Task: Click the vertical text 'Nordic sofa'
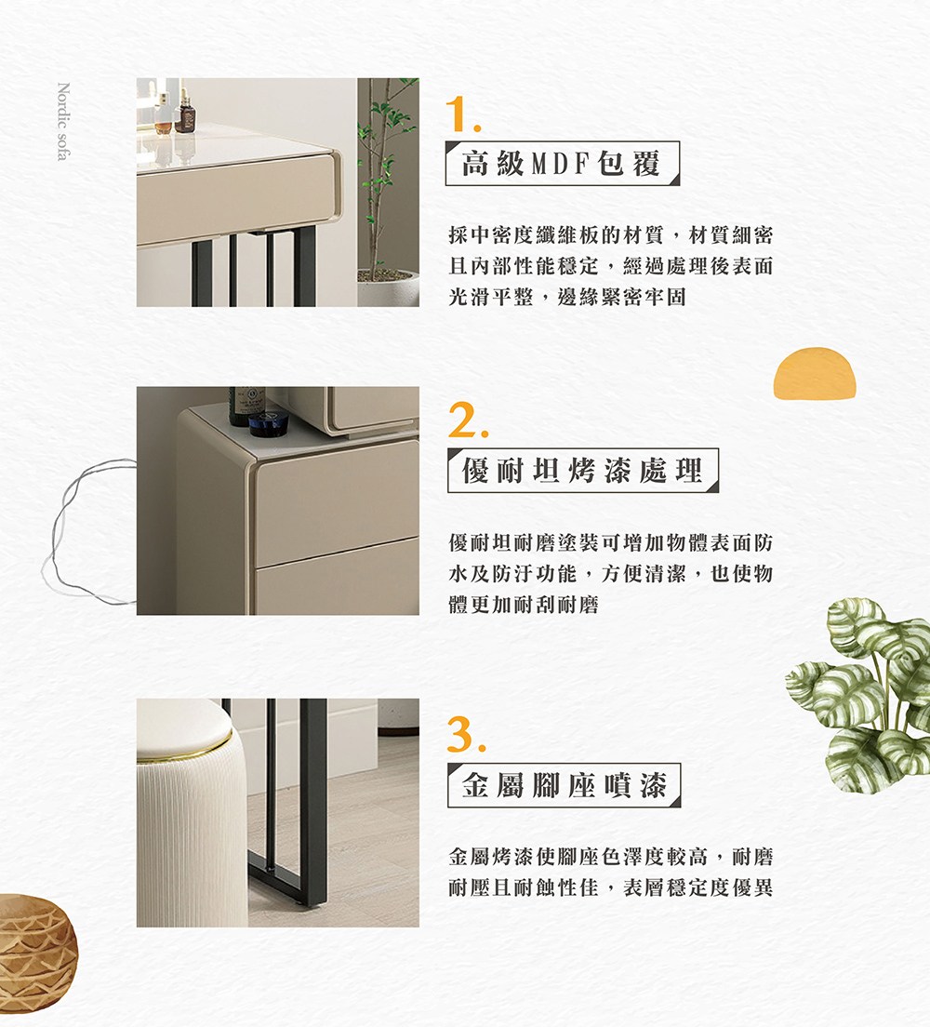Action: pos(63,121)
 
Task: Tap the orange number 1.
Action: pos(462,114)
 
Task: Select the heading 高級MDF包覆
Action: pos(562,163)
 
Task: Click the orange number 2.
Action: pos(468,420)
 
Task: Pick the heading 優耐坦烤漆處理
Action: pos(583,471)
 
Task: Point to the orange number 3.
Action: pos(466,734)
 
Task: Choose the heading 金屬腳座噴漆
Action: pos(564,784)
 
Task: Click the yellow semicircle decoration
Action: pos(815,373)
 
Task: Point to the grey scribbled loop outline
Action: pos(86,530)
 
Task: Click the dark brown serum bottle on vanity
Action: pos(185,112)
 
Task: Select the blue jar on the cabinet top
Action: pos(269,423)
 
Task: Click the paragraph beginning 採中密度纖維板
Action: pos(610,266)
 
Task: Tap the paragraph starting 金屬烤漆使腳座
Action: pos(610,872)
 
